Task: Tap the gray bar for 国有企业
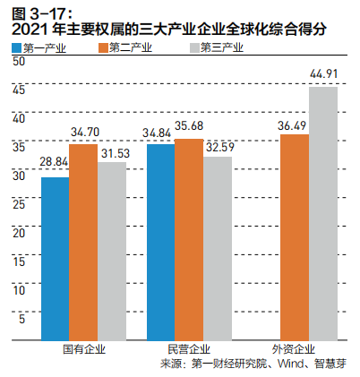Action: click(x=112, y=252)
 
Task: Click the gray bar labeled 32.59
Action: click(x=218, y=249)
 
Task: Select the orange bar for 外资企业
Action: click(x=295, y=238)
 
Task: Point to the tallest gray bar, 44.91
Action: click(x=323, y=214)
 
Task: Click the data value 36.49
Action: click(x=295, y=124)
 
